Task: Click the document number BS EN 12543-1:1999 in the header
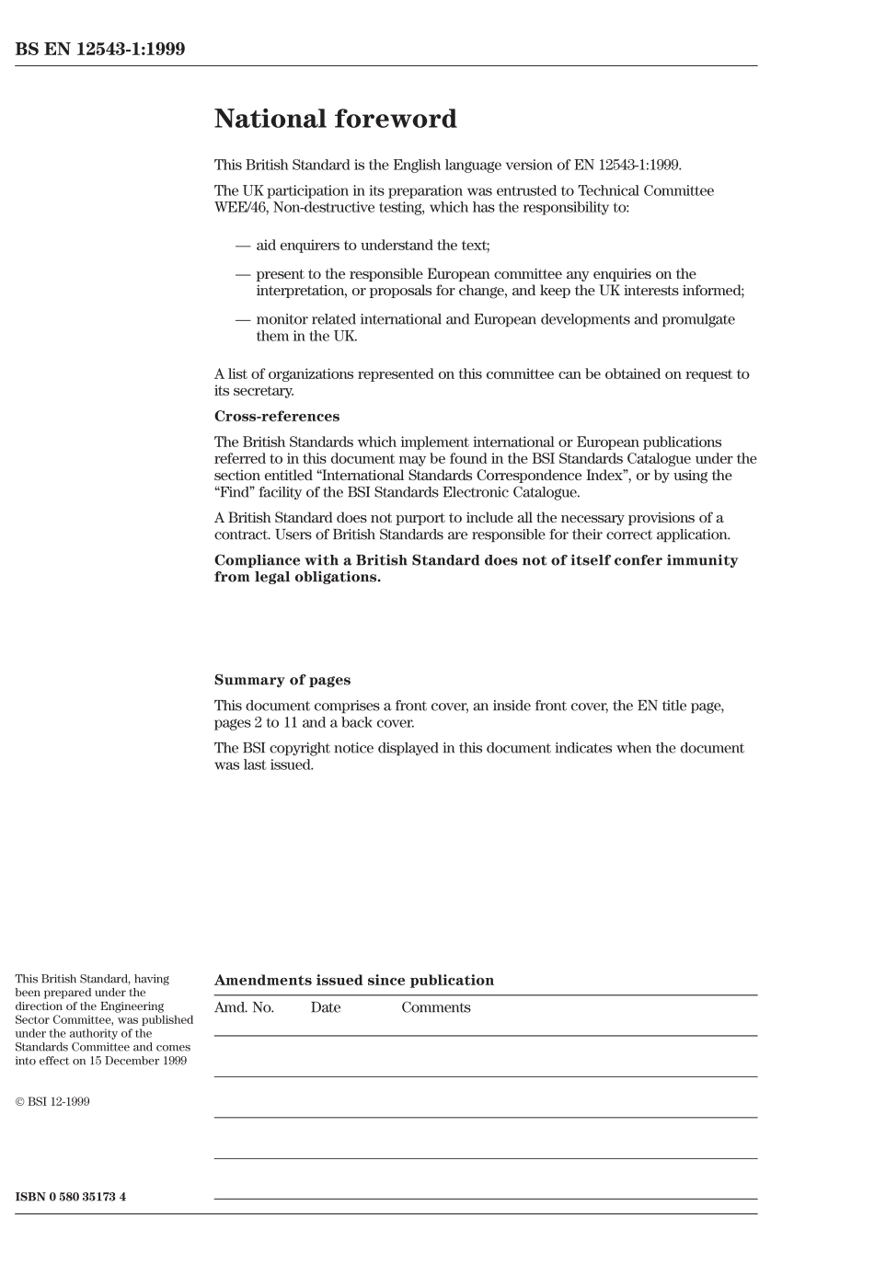point(100,50)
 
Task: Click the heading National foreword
point(335,120)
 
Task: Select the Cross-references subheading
point(276,417)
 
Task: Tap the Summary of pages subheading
point(282,681)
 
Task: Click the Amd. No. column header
point(244,1007)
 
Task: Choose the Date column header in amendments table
point(326,1007)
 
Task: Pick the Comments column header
point(435,1007)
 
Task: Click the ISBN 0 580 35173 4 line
point(71,1197)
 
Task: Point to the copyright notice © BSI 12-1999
point(52,1101)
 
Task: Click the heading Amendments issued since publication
point(354,981)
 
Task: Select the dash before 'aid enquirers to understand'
point(243,246)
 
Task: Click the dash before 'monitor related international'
point(243,320)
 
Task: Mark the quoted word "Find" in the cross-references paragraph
point(234,492)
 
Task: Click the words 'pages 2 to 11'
point(253,723)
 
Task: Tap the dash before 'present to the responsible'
point(243,274)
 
